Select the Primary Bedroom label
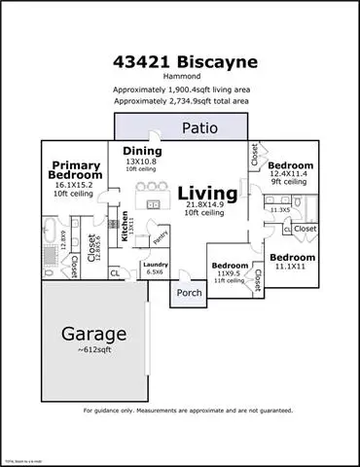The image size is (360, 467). pos(76,170)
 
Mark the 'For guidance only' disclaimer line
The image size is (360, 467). pos(180,411)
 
